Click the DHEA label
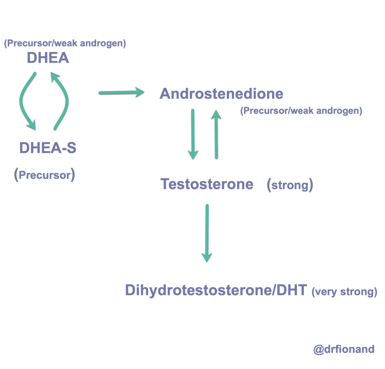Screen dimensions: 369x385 coord(48,58)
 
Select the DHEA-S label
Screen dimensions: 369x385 coord(48,148)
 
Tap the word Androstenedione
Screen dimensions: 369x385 coord(221,94)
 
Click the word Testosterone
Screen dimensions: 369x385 coord(207,184)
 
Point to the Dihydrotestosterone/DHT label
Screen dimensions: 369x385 coord(216,290)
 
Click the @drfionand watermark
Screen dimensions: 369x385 coord(344,349)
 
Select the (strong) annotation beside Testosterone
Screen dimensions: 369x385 coord(290,184)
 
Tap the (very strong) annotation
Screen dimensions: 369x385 coord(344,291)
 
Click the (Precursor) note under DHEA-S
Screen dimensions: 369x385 coord(45,175)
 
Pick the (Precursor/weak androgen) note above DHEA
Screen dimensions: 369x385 coord(65,43)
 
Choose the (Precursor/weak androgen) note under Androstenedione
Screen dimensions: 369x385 coord(301,111)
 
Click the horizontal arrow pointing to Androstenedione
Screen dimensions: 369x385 coord(120,93)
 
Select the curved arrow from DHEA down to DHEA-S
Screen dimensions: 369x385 coord(25,101)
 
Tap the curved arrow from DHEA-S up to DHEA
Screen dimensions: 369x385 coord(63,101)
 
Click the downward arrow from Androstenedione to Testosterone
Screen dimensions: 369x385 coord(193,134)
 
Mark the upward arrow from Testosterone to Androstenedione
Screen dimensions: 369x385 coord(216,134)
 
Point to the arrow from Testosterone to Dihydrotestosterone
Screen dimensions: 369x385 coord(207,232)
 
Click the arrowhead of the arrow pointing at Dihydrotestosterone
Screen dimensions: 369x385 coord(207,257)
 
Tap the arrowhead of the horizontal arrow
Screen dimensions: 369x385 coord(139,92)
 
